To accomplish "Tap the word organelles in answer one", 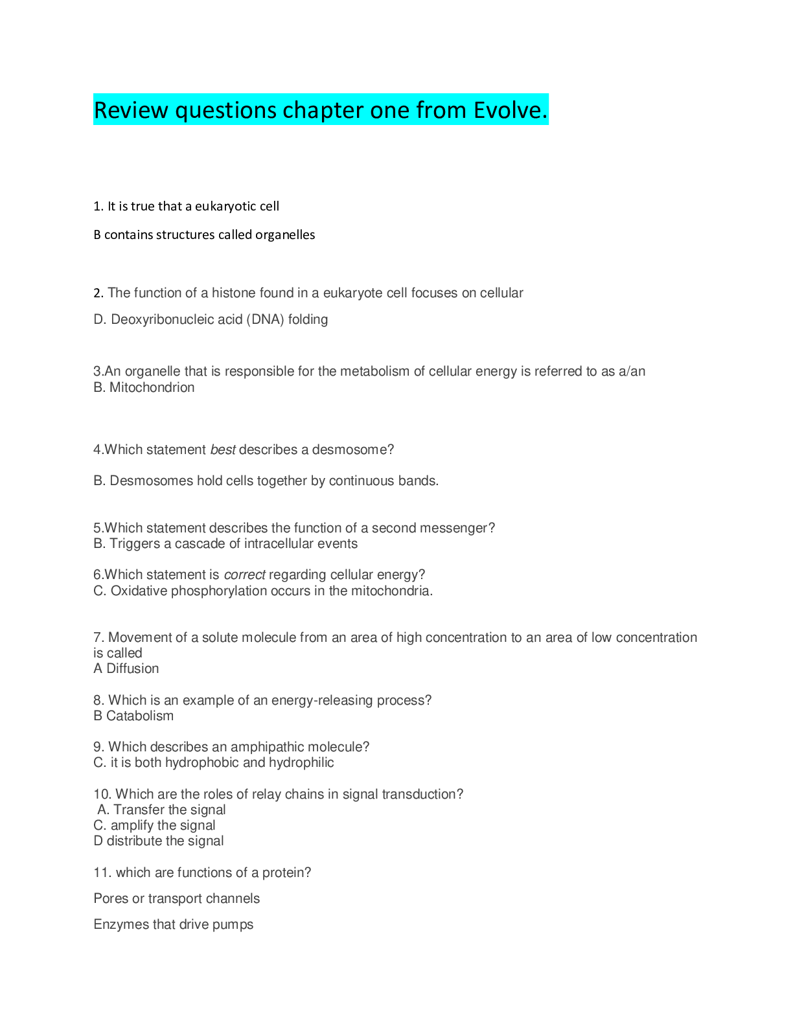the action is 285,234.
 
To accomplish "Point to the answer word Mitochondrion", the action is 152,387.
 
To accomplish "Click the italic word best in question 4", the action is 222,450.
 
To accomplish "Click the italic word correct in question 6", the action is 244,575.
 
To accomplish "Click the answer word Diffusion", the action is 133,668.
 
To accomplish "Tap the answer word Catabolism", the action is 140,716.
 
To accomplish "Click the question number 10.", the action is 102,794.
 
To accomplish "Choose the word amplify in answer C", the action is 128,825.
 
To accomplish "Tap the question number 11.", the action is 102,872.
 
